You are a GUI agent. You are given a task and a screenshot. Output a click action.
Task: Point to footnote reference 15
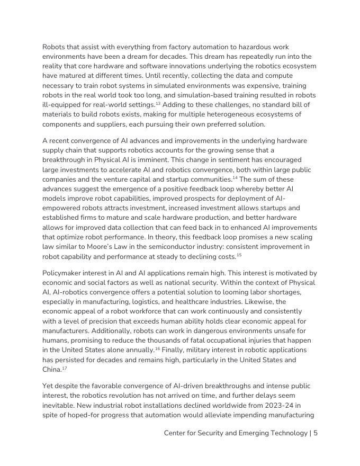(x=239, y=255)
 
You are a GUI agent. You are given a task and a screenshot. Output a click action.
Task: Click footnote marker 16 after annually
(x=158, y=348)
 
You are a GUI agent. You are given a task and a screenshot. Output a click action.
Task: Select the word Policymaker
(x=64, y=273)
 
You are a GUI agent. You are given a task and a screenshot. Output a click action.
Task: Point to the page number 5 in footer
(x=316, y=433)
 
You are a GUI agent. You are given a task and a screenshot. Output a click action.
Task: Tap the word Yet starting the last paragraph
(x=49, y=386)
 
